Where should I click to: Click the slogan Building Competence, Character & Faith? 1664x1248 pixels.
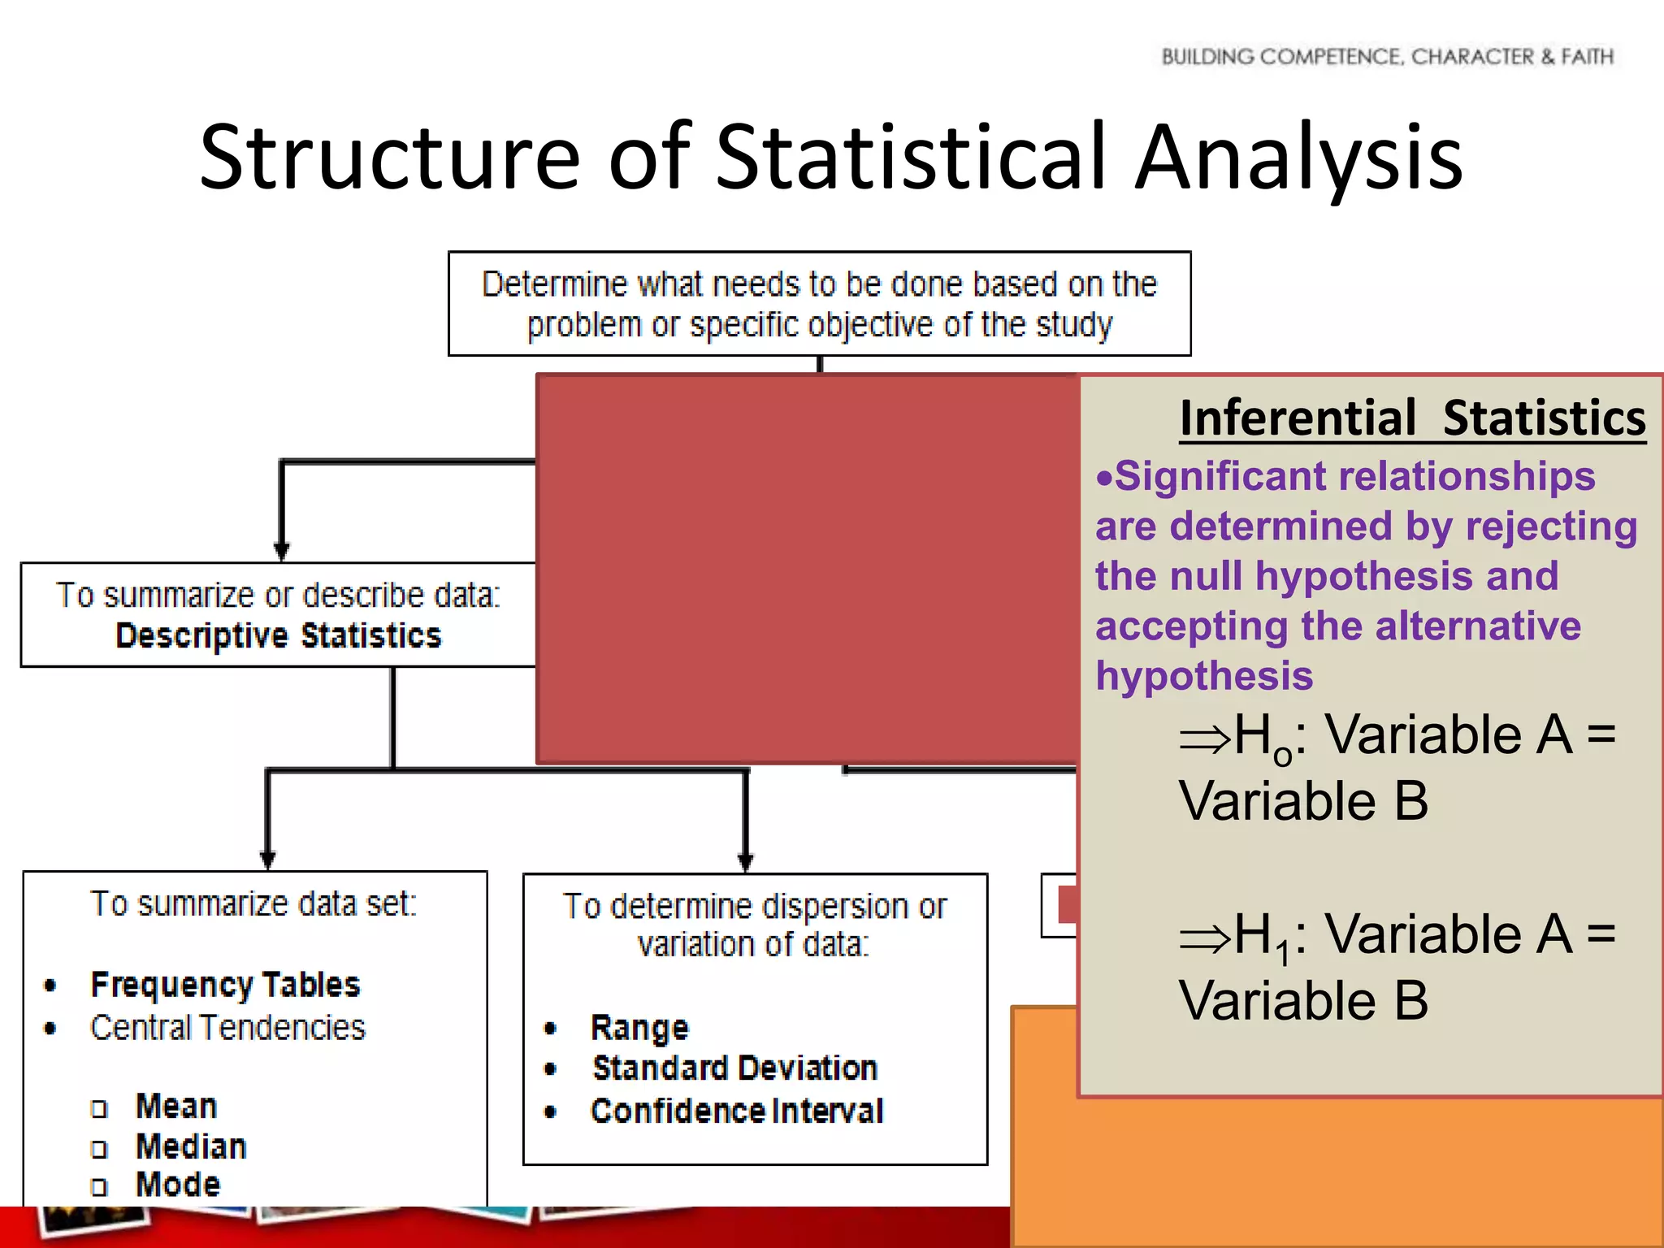(1387, 57)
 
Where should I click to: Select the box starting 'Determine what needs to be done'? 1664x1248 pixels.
(819, 304)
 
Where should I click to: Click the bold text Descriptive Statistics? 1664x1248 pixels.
(279, 636)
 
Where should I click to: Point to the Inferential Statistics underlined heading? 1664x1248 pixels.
(1412, 418)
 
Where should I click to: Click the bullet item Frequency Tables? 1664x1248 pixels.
(225, 985)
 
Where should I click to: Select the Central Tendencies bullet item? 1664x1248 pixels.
(227, 1028)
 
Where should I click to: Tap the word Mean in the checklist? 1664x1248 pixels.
(176, 1107)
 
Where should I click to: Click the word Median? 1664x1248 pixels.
(191, 1146)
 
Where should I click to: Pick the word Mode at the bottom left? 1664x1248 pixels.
(178, 1185)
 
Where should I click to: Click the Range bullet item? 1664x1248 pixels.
(639, 1029)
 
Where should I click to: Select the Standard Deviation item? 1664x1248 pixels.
(735, 1068)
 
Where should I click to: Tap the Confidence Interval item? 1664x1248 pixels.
(737, 1111)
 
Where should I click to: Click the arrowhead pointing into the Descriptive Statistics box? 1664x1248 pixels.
(282, 552)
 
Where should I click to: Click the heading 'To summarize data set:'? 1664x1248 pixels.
(253, 904)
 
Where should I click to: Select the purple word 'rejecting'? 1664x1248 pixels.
(1551, 526)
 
